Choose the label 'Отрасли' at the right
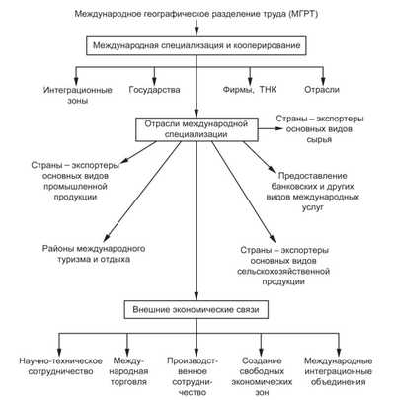point(334,90)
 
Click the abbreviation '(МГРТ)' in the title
point(298,12)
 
